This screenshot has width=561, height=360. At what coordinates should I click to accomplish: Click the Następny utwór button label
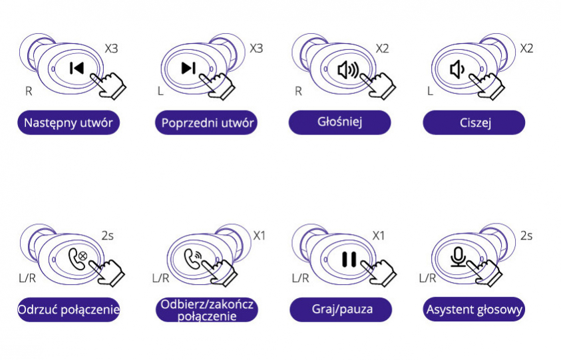pos(69,123)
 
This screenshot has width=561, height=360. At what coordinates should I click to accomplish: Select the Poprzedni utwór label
pos(208,123)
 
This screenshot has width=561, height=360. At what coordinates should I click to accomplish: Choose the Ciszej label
pos(474,123)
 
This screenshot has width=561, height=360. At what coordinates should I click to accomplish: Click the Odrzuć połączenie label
pos(69,309)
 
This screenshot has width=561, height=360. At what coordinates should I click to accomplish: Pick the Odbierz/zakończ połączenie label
pos(208,310)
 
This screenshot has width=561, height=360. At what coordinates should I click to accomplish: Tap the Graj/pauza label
pos(340,309)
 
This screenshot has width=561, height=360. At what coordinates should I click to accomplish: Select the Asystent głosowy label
pos(474,309)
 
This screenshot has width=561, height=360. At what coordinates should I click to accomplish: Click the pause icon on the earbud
pos(349,258)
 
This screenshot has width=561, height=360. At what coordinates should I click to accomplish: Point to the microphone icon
pos(458,256)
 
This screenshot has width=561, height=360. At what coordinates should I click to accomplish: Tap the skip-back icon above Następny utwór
pos(77,68)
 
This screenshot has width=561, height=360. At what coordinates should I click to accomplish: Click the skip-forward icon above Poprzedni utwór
pos(189,68)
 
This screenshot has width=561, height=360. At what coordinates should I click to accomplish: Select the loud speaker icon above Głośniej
pos(347,70)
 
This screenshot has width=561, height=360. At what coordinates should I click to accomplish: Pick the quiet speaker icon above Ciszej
pos(457,69)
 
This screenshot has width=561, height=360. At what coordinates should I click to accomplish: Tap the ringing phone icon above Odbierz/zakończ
pos(193,257)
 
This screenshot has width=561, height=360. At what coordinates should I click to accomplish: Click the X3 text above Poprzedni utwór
pos(256,49)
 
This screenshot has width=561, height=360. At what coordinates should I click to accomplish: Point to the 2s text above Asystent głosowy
pos(526,236)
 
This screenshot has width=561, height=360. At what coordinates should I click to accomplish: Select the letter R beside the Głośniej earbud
pos(298,91)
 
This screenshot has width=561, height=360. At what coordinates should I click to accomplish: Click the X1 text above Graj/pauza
pos(379,236)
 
